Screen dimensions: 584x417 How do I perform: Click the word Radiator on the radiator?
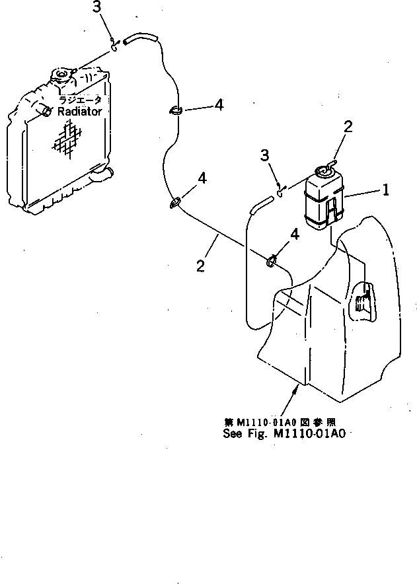tap(79, 112)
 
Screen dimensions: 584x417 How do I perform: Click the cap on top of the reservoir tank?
tap(324, 171)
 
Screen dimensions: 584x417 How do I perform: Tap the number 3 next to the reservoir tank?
tap(264, 156)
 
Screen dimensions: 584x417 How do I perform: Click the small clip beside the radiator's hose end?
tap(115, 46)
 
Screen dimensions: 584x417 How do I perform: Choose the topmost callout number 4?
tap(218, 105)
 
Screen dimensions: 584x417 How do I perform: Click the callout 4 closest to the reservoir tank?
tap(295, 233)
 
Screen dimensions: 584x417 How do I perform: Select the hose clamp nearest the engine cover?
tap(271, 262)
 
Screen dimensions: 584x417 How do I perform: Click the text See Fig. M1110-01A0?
tap(284, 434)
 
